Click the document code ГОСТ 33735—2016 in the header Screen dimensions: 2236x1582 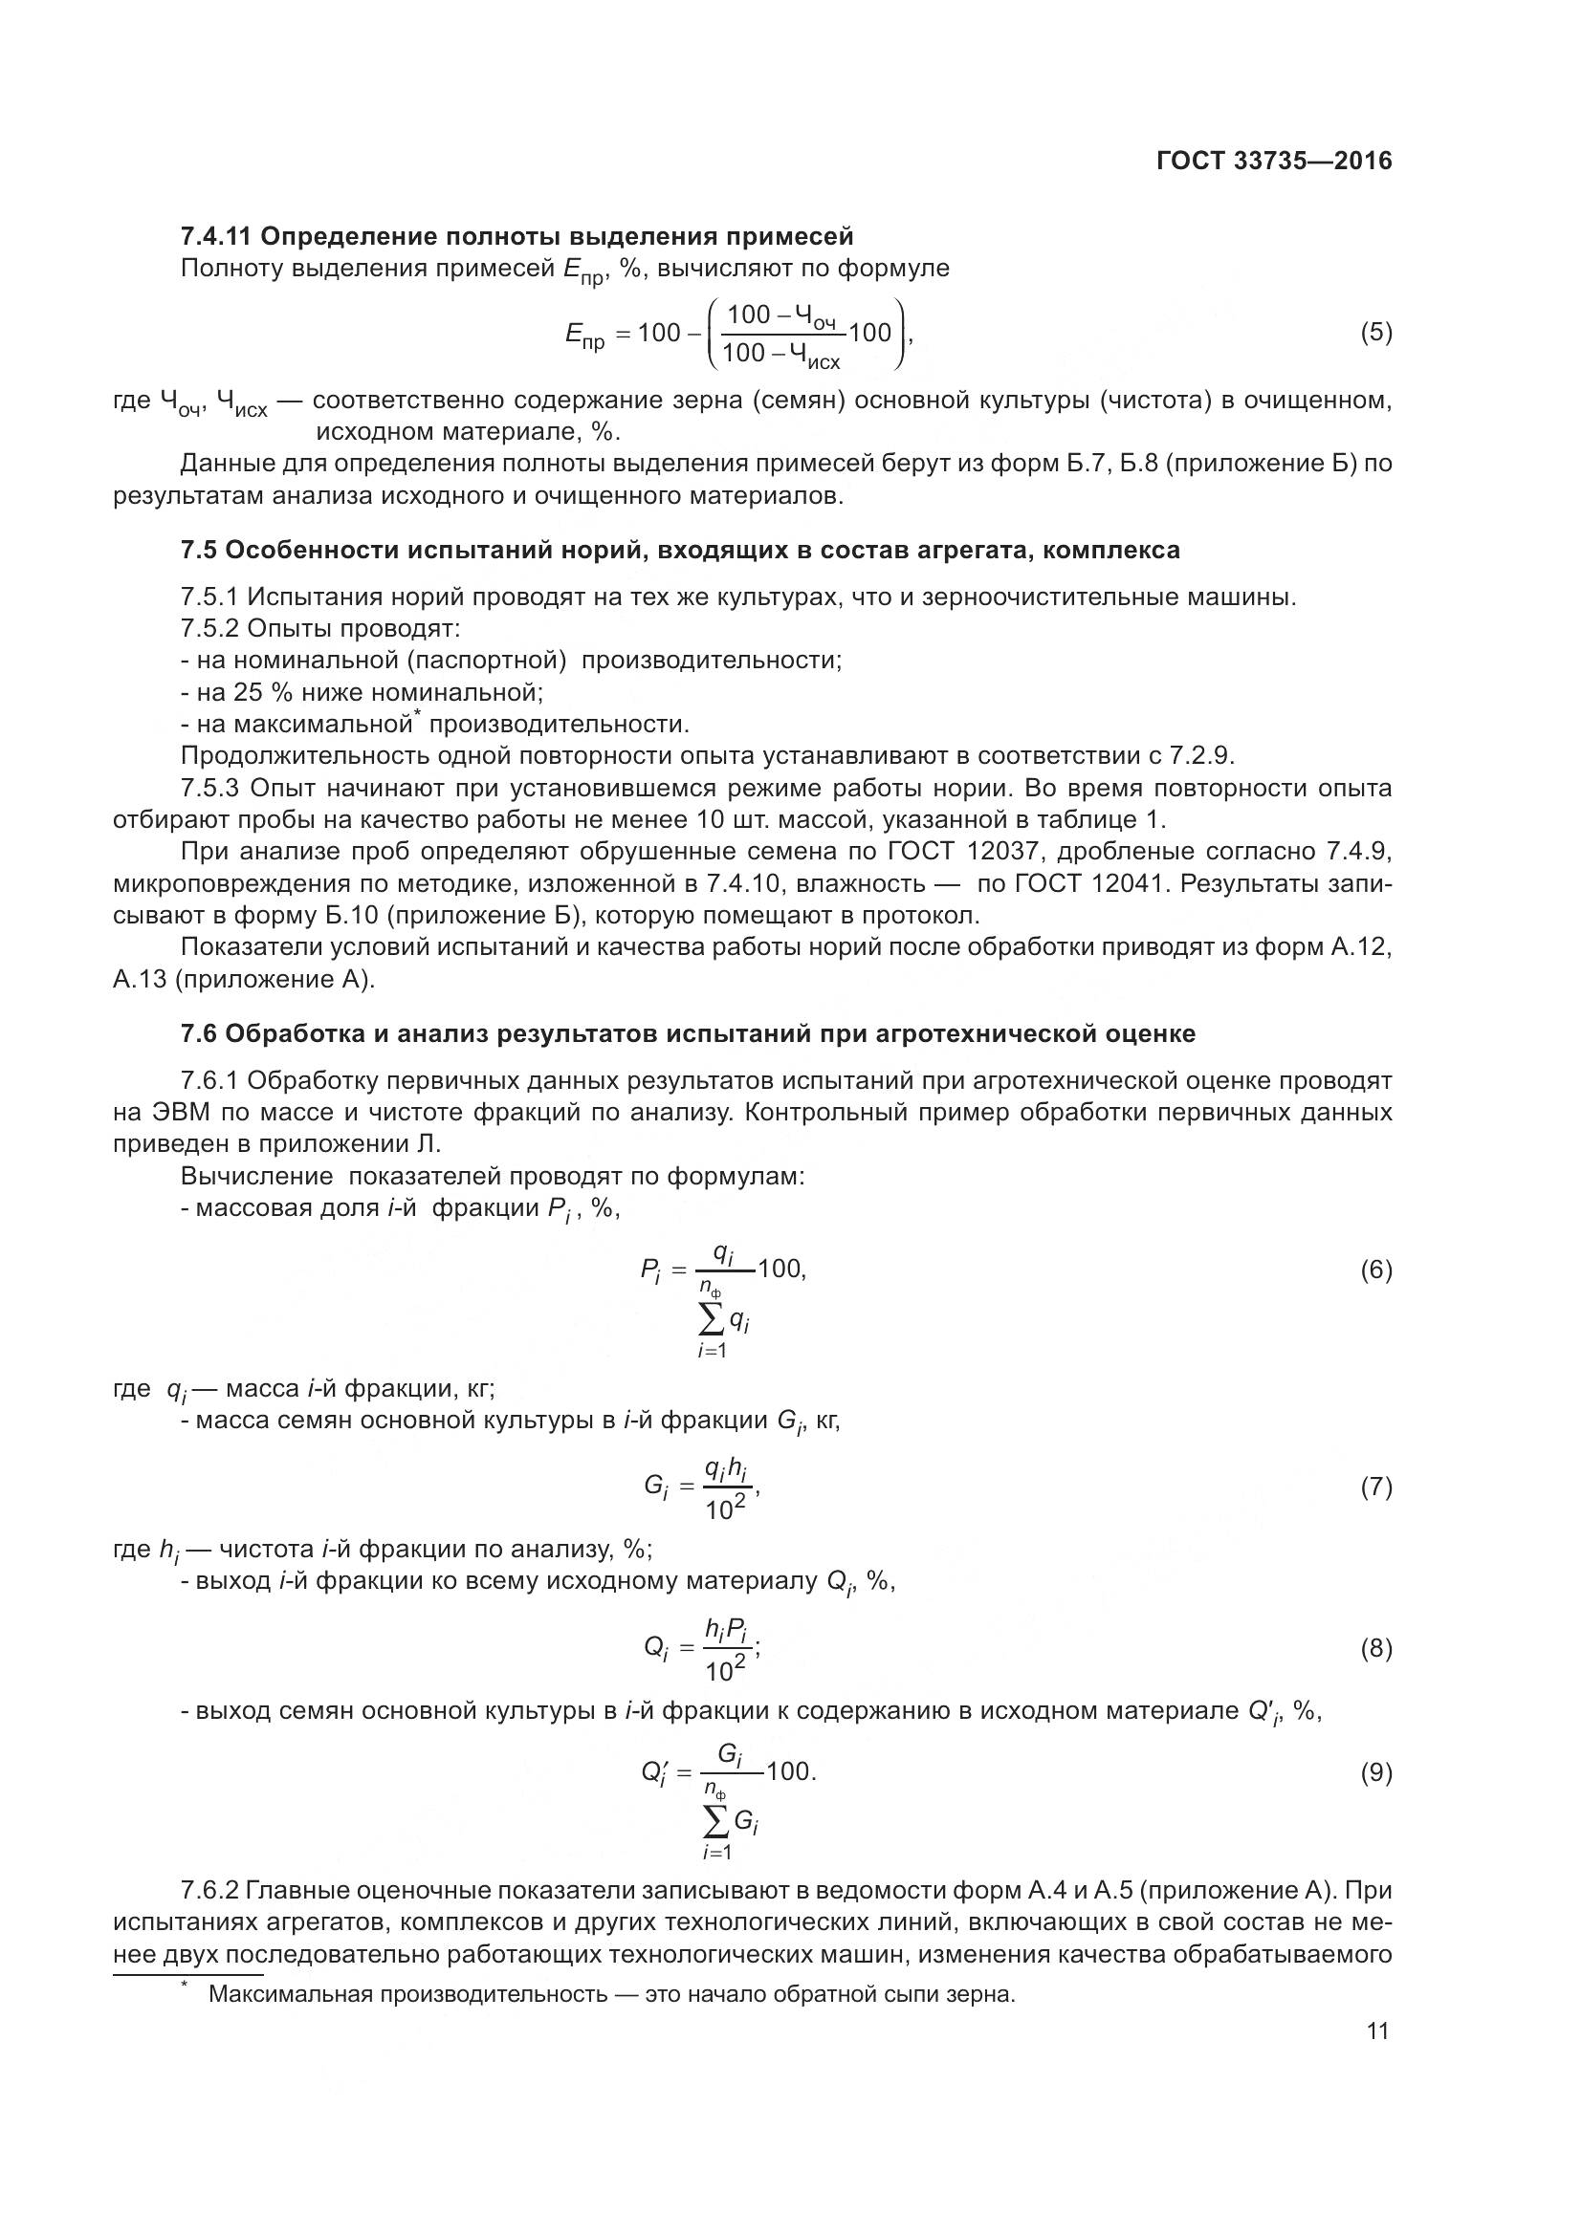point(1273,161)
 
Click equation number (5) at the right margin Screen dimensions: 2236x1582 point(1375,333)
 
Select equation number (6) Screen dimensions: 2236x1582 point(1375,1270)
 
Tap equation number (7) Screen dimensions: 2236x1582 point(1375,1487)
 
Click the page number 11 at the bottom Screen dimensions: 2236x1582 point(1377,2030)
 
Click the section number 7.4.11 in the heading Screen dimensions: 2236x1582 point(216,237)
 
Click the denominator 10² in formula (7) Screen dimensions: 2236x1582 point(725,1509)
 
